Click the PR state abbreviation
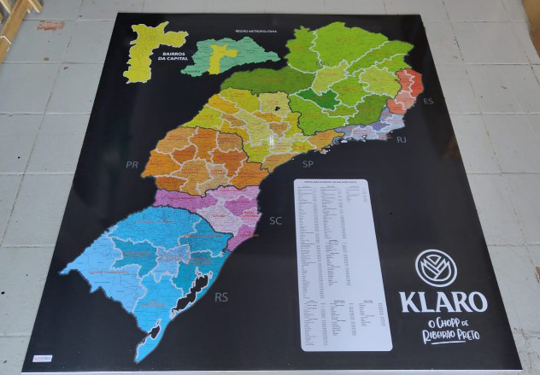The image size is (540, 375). pyautogui.click(x=132, y=164)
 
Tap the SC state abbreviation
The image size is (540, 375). pyautogui.click(x=275, y=221)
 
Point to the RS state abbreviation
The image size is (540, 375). pyautogui.click(x=221, y=297)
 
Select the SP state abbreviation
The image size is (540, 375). pyautogui.click(x=308, y=163)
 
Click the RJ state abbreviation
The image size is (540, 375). pyautogui.click(x=402, y=139)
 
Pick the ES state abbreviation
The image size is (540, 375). pyautogui.click(x=428, y=102)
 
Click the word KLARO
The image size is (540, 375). pyautogui.click(x=443, y=302)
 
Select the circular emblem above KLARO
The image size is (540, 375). pyautogui.click(x=436, y=267)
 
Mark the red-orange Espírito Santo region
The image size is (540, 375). pyautogui.click(x=408, y=91)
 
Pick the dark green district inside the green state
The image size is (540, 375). pyautogui.click(x=317, y=99)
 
